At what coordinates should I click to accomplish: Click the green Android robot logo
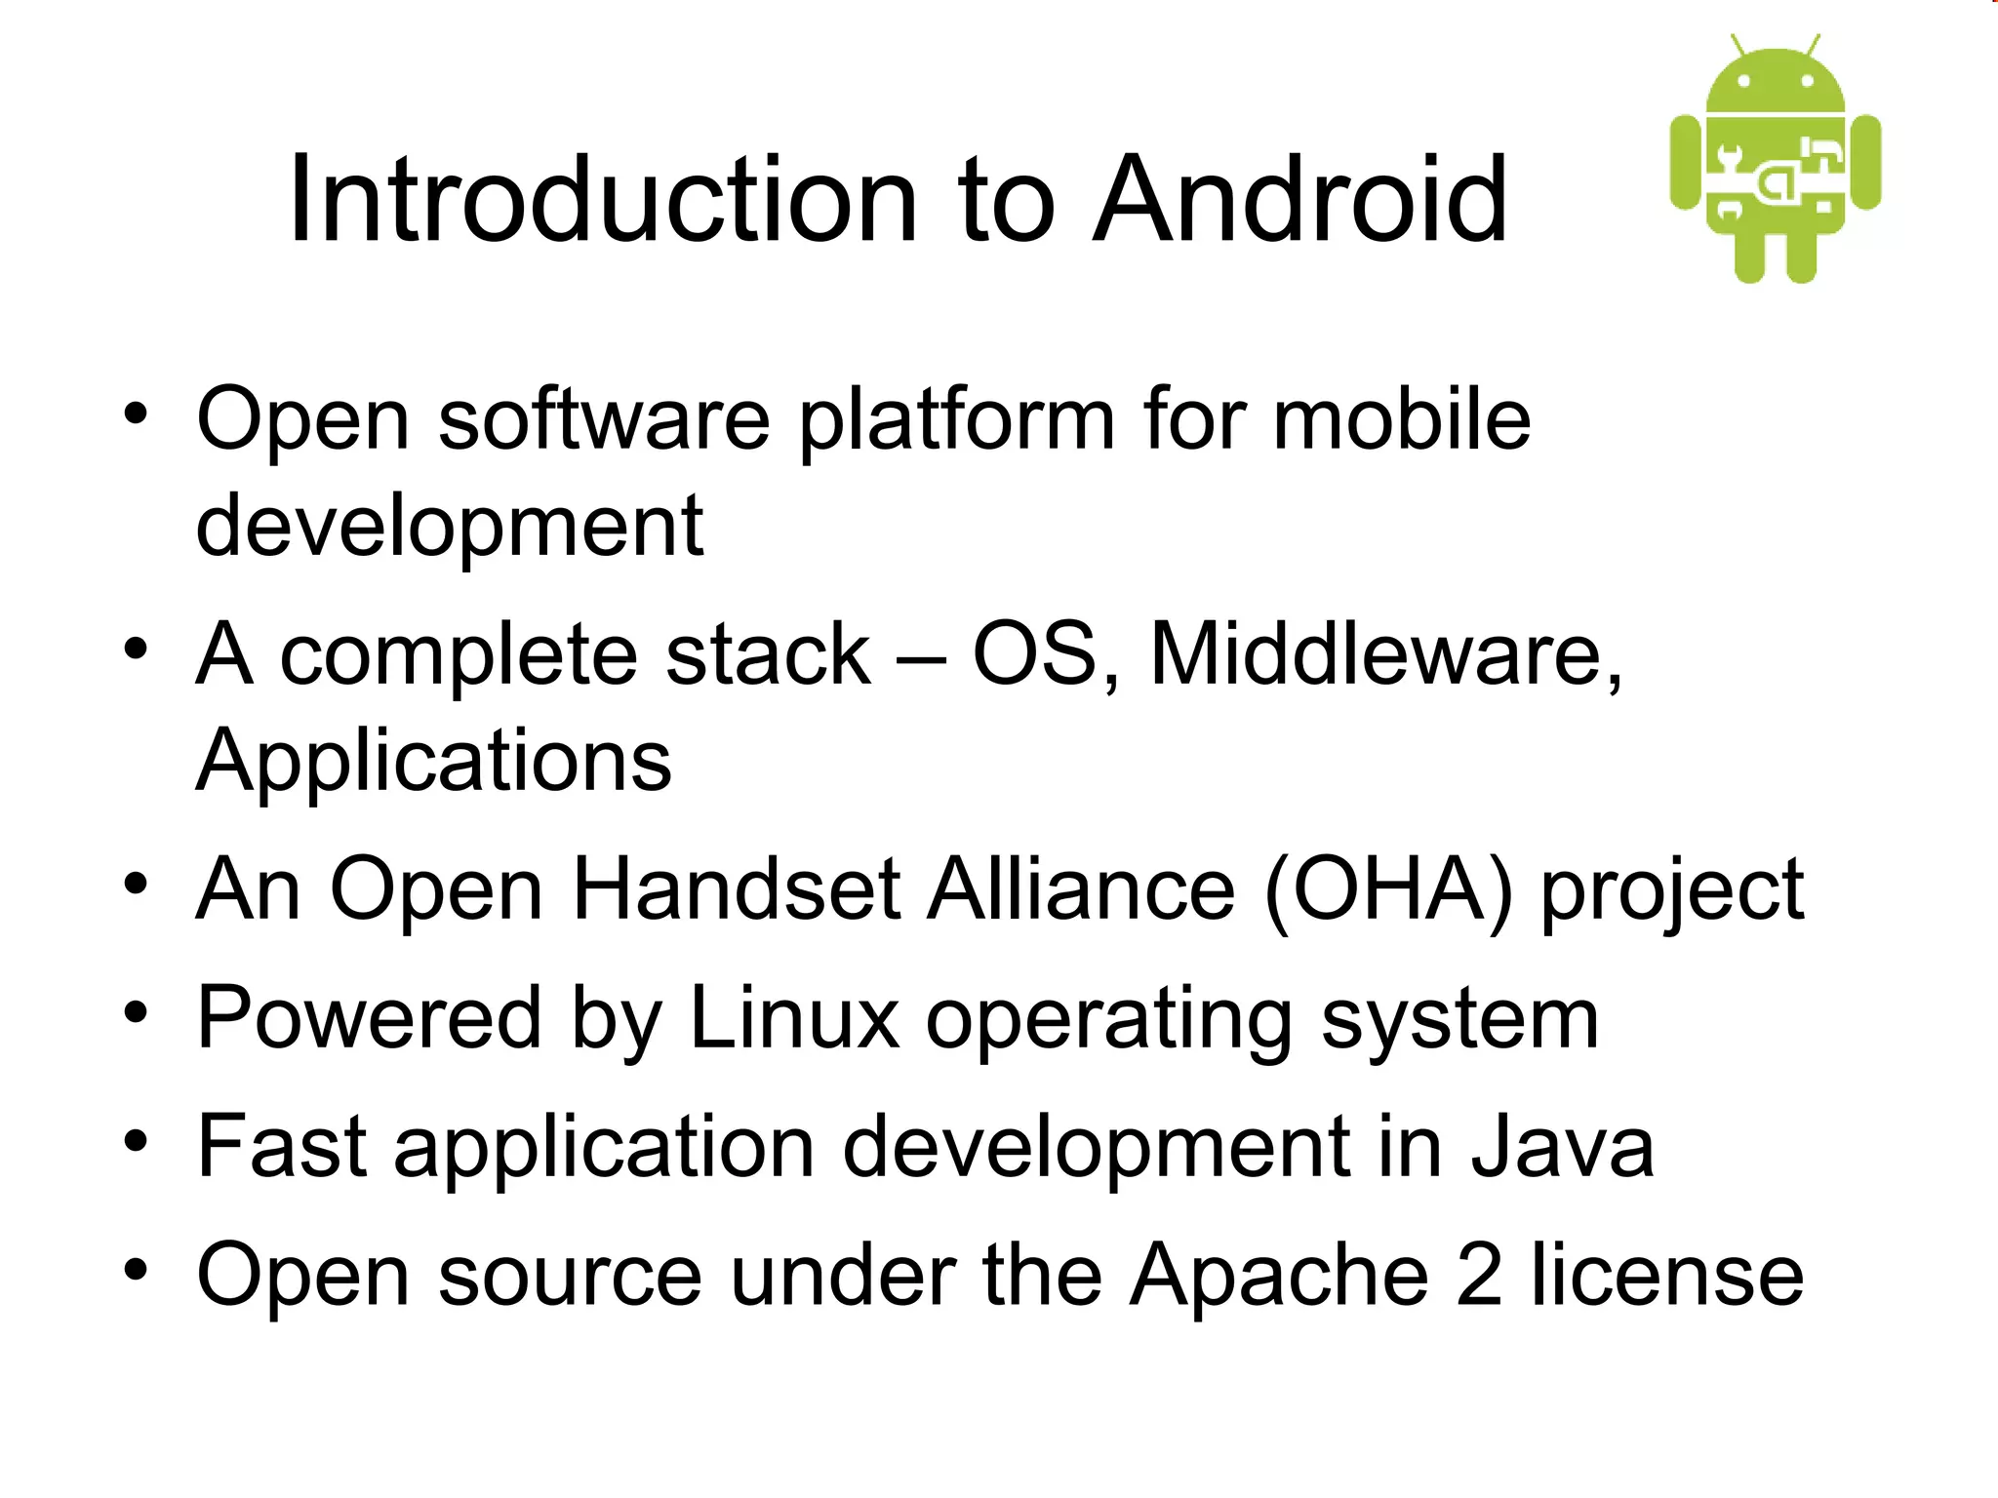coord(1776,161)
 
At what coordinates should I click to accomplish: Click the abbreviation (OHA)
coord(1388,889)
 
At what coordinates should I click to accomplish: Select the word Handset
coord(737,889)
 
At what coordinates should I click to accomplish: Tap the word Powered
coord(369,1018)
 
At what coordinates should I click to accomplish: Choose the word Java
coord(1562,1147)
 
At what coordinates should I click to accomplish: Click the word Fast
coord(282,1147)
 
